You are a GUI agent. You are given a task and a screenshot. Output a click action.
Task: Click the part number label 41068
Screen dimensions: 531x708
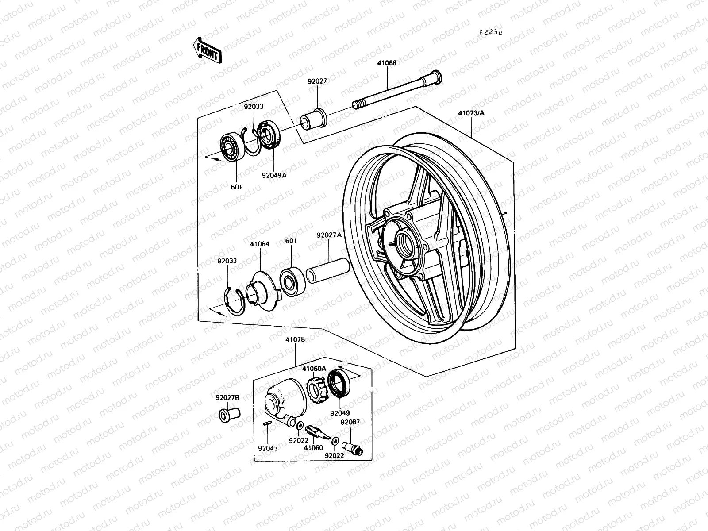(x=387, y=63)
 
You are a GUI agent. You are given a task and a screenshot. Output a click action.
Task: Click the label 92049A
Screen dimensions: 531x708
(x=274, y=175)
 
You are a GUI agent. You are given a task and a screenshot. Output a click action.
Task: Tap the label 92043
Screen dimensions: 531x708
(x=268, y=448)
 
